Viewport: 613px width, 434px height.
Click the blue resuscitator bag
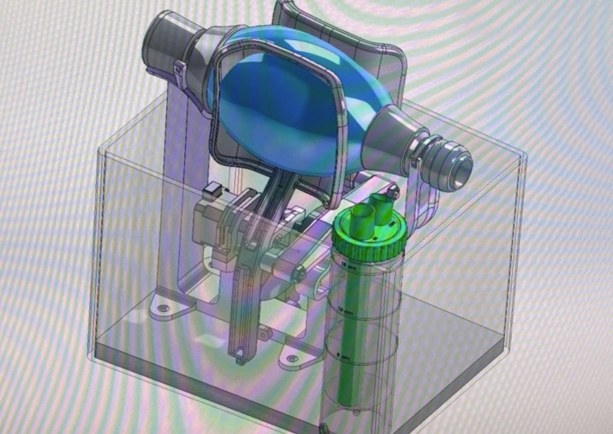(x=285, y=95)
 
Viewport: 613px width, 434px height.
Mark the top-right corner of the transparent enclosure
(x=524, y=156)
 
